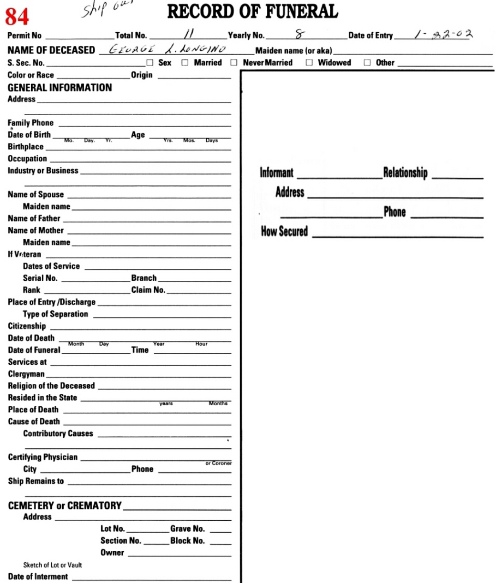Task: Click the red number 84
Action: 17,17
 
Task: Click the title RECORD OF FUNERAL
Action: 252,11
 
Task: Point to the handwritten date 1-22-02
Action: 444,35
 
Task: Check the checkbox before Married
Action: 184,63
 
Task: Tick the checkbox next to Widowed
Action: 309,63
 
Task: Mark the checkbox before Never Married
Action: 234,63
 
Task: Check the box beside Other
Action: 367,63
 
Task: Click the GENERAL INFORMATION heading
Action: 59,87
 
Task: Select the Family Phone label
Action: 31,123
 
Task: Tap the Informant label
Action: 277,173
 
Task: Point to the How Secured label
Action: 284,231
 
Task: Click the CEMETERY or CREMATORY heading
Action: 64,506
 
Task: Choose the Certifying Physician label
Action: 43,457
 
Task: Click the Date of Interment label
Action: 38,576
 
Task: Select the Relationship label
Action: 405,173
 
